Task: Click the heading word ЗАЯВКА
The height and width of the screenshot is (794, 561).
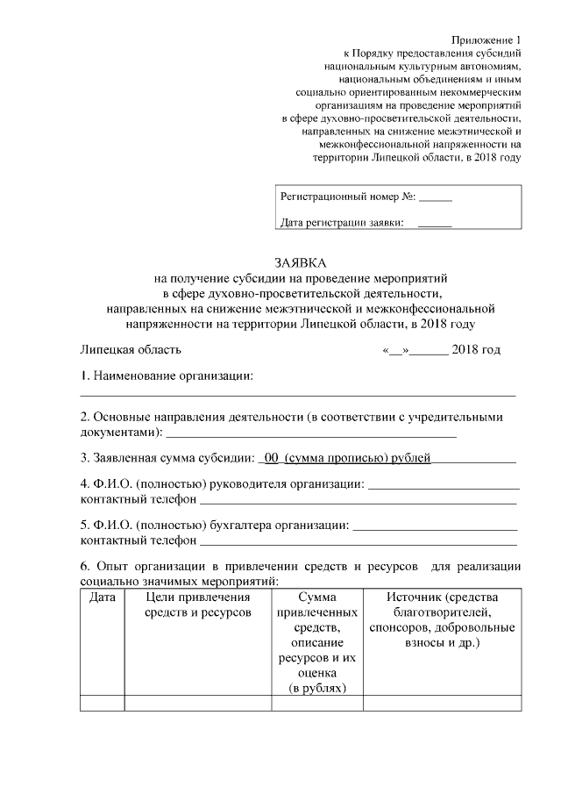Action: [298, 262]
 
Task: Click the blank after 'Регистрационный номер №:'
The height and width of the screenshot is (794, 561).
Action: [436, 198]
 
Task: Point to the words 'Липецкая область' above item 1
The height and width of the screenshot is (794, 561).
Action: [131, 349]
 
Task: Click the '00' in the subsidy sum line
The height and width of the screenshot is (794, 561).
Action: [272, 457]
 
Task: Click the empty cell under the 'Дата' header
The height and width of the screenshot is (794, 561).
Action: [103, 702]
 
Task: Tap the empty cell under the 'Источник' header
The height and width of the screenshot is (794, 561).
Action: [442, 702]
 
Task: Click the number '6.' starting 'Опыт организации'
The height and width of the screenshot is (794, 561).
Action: [86, 566]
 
